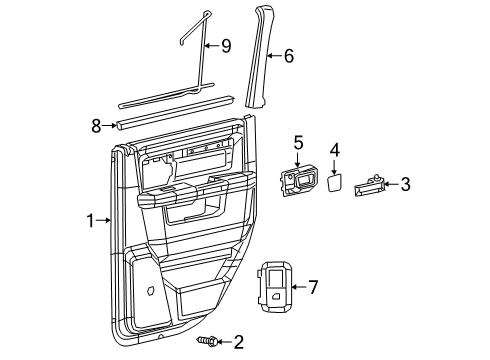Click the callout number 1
90,220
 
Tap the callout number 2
238,342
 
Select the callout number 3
405,183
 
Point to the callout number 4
335,150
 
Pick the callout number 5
298,143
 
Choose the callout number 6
288,56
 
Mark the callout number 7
312,287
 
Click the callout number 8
96,126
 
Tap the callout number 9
225,46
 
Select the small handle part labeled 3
367,184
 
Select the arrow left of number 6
272,56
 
